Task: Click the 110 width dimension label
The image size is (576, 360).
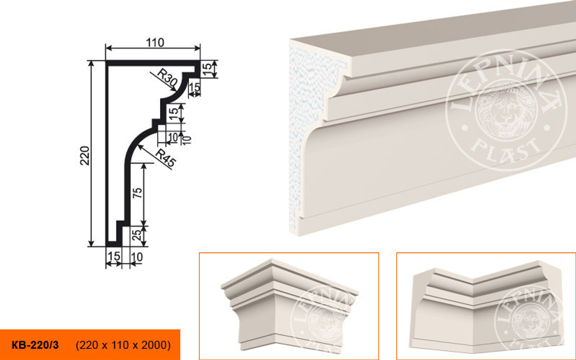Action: tap(155, 43)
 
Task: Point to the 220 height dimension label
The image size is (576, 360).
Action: tap(85, 156)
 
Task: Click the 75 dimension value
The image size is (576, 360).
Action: tap(137, 193)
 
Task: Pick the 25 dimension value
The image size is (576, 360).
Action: tap(137, 236)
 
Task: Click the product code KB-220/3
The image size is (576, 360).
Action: tap(35, 345)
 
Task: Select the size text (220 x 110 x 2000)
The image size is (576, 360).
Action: tap(123, 345)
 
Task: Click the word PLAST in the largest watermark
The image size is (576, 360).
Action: tap(506, 147)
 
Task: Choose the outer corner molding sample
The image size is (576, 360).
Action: tap(289, 304)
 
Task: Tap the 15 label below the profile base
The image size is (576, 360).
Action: tap(114, 256)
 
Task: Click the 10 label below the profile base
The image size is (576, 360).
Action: tap(137, 257)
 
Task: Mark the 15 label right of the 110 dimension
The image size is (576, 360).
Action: tap(207, 69)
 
